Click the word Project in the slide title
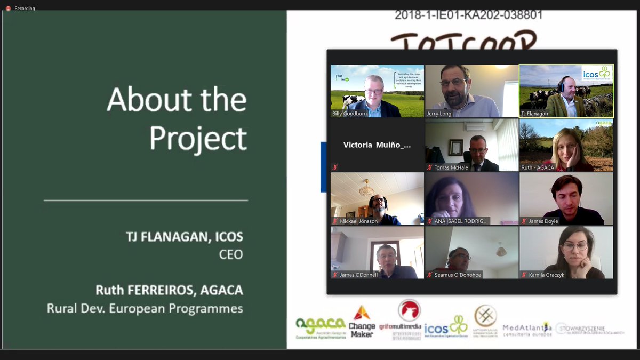198,138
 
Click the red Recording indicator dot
8,9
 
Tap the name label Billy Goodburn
350,114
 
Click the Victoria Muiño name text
377,145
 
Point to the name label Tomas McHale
451,167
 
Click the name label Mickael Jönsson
358,221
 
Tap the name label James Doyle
544,221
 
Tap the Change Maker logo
362,321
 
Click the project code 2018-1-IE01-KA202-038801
468,15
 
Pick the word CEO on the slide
231,254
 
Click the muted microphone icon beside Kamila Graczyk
524,275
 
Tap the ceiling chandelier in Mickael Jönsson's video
366,188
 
